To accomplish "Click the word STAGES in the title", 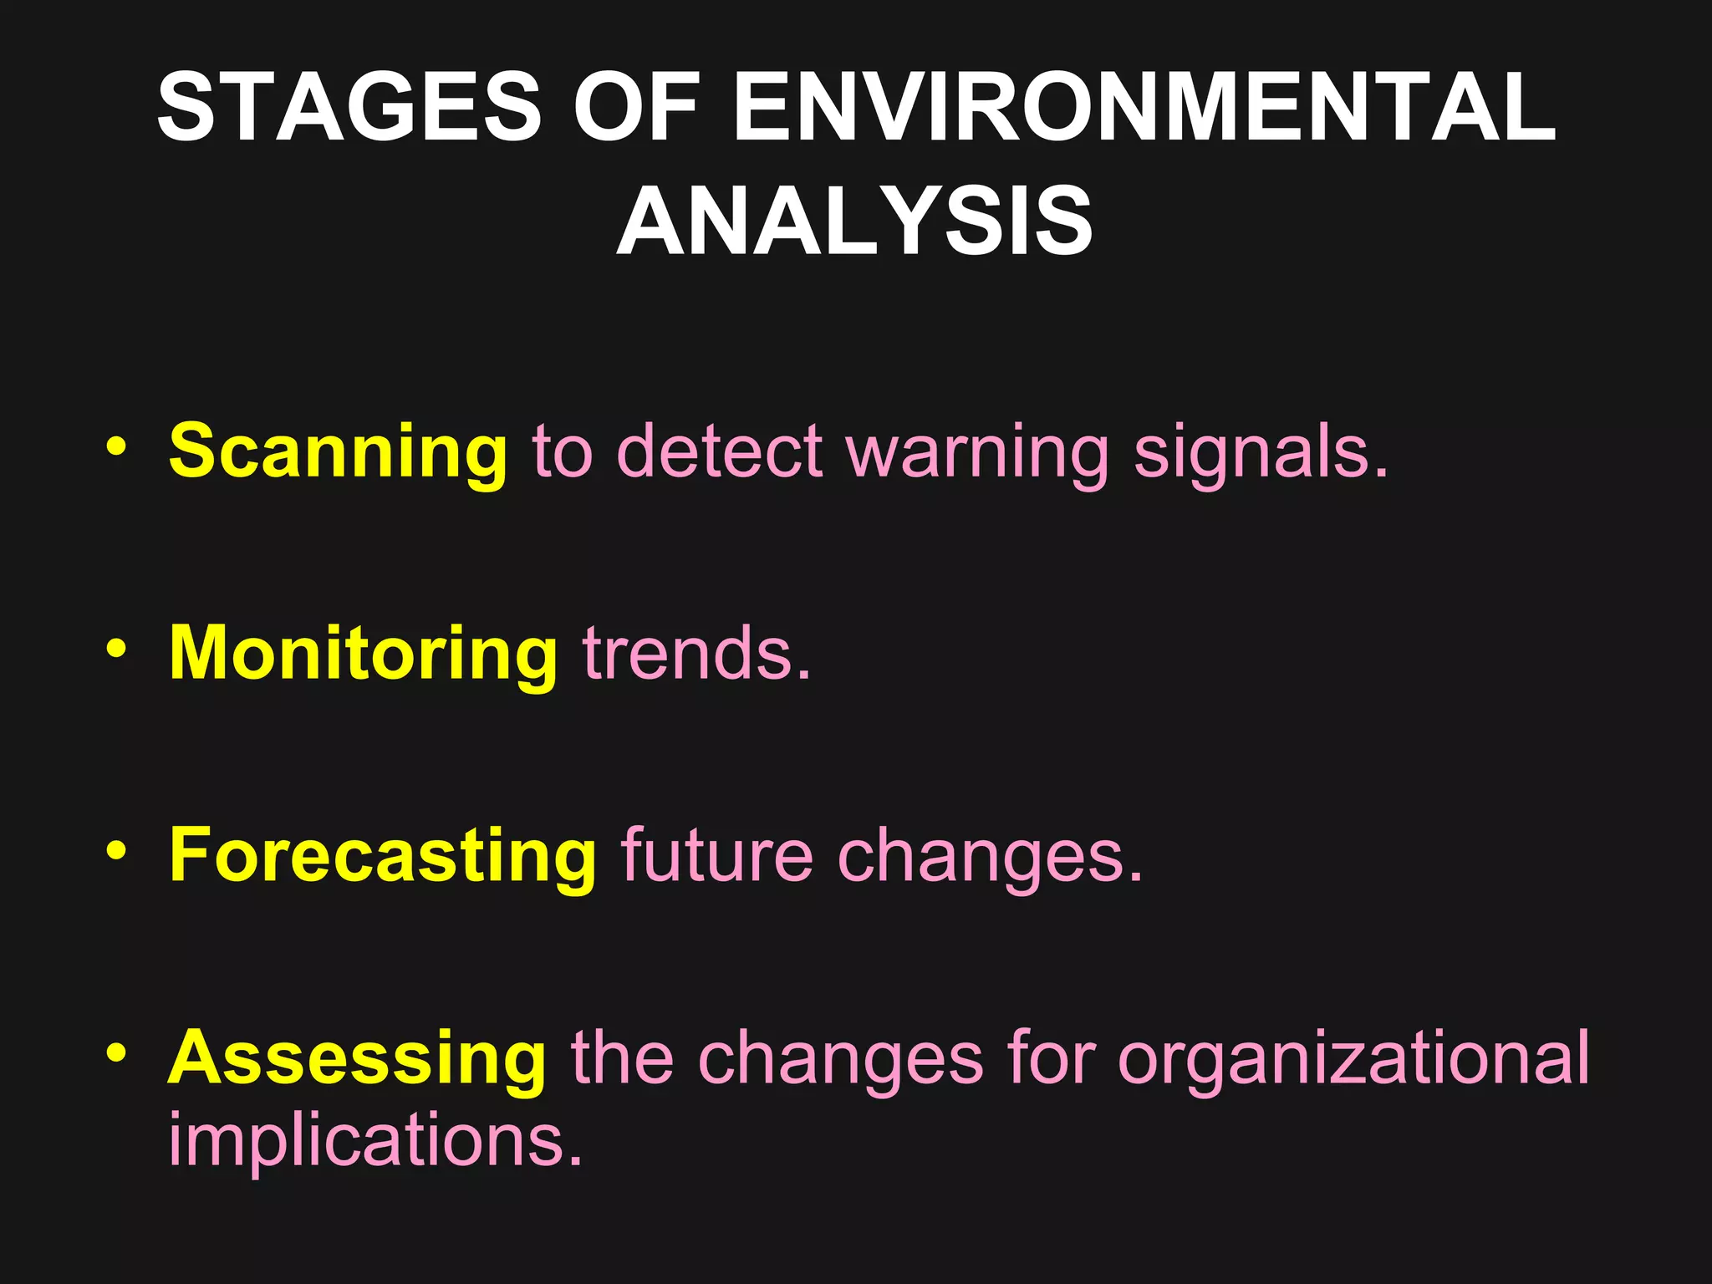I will [x=349, y=107].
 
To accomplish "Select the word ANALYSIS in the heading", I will [x=854, y=222].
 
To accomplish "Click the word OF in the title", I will [x=635, y=107].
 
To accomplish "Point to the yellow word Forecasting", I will [x=383, y=856].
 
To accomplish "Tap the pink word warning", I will [x=977, y=456].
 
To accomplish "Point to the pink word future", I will [x=716, y=856].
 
